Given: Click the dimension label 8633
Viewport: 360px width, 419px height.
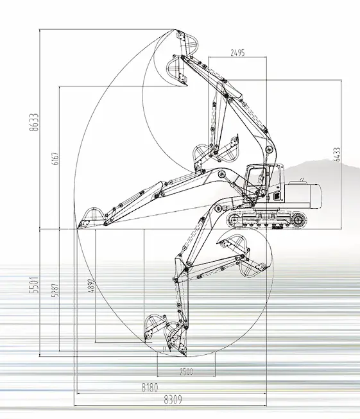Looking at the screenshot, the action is click(x=34, y=122).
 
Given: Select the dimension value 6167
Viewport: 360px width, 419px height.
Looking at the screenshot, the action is click(x=56, y=158).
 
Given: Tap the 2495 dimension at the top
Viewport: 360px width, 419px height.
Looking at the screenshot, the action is click(x=237, y=53).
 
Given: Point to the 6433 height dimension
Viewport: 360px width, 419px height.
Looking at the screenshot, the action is click(x=338, y=154).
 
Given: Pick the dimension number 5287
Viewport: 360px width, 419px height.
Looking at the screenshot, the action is click(x=56, y=290).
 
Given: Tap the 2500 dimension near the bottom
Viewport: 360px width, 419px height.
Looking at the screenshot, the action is click(x=186, y=372).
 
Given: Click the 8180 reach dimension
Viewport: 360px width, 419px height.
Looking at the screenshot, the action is click(x=150, y=387).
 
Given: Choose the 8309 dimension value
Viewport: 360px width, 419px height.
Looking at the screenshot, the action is click(x=173, y=400).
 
